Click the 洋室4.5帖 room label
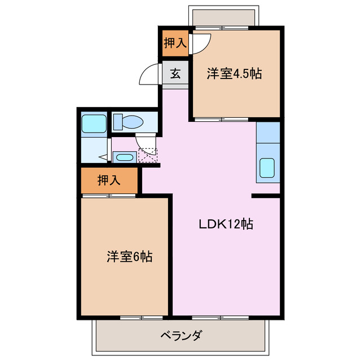[234, 74]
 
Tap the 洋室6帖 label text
[129, 257]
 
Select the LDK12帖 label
[225, 224]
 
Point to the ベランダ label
[181, 336]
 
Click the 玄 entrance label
[175, 74]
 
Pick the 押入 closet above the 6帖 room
[109, 180]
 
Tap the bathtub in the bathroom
[94, 123]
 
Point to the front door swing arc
[150, 75]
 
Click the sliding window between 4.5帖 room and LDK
[221, 119]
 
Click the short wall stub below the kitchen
[266, 196]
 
